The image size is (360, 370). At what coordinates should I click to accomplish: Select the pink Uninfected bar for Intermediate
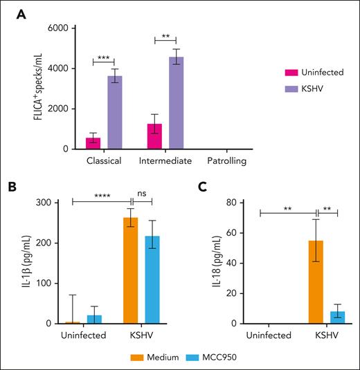coord(156,136)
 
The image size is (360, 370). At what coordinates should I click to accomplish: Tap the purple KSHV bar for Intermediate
coord(177,103)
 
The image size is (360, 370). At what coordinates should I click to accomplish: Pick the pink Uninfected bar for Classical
coord(93,143)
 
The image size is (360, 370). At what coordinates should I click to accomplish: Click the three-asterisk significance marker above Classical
coord(104,56)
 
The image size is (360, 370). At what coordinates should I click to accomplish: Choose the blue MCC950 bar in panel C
coord(337,317)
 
